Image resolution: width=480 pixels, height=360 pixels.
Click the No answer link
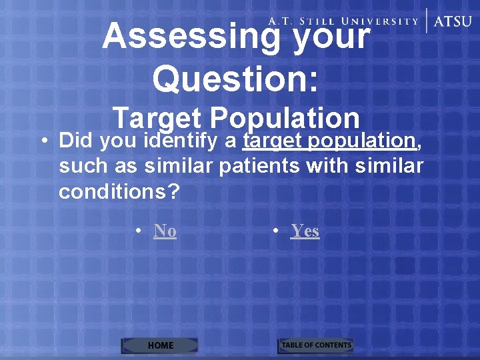[x=165, y=231]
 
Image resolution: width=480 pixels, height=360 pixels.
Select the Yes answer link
[x=305, y=231]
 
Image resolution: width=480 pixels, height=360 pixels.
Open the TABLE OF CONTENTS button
[x=315, y=345]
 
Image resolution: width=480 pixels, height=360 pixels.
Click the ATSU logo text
[x=453, y=21]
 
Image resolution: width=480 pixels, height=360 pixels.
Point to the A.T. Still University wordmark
[x=343, y=21]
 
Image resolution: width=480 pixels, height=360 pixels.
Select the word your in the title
[x=331, y=36]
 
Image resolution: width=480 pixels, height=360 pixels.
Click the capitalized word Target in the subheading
[x=157, y=118]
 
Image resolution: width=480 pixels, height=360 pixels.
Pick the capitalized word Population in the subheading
[x=285, y=118]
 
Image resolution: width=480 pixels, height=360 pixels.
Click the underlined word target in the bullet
[x=273, y=141]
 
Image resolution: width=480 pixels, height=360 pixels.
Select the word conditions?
[x=119, y=191]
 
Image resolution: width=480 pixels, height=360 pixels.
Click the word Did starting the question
[x=76, y=141]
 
